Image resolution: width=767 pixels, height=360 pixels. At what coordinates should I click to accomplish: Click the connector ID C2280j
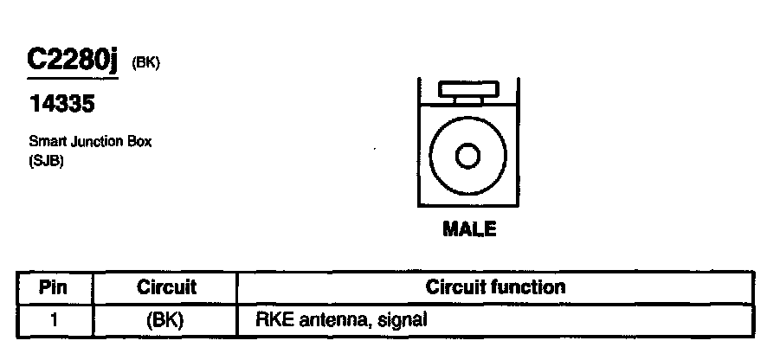point(71,62)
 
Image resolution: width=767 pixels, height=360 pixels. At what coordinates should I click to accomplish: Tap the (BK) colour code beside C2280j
point(145,64)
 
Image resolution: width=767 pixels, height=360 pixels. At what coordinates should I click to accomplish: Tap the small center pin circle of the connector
point(468,157)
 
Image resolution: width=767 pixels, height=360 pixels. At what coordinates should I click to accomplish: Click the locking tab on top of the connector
point(468,90)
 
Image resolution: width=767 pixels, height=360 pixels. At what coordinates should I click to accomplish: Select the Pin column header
point(54,286)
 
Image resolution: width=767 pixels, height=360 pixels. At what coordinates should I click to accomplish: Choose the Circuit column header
point(167,286)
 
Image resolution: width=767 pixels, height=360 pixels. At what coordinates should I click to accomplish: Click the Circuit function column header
point(495,286)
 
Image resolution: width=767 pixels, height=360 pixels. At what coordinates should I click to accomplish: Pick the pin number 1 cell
point(54,318)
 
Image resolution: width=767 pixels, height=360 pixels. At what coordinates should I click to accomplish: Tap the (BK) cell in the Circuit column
point(164,318)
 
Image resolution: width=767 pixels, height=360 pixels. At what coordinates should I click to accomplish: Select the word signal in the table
point(404,318)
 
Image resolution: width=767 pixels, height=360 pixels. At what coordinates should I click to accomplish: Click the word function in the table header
point(529,286)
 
